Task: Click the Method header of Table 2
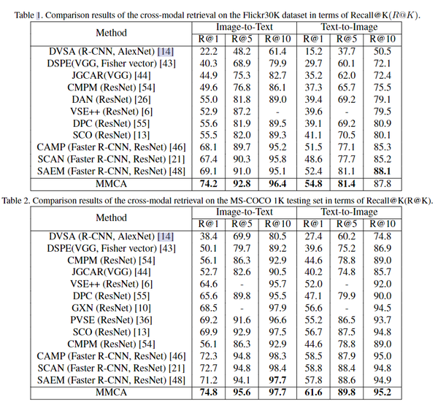tap(111, 218)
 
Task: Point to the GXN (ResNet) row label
tap(111, 309)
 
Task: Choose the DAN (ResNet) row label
tap(111, 99)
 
